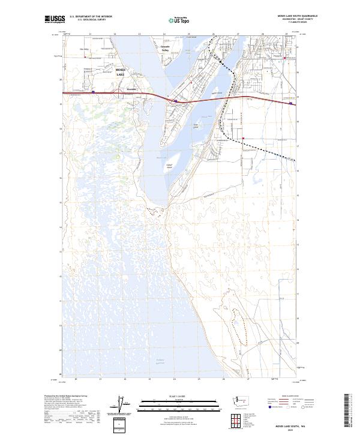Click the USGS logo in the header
(x=55, y=20)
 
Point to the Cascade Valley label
(x=166, y=49)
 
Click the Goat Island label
(x=196, y=125)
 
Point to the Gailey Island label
(x=169, y=165)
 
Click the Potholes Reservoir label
(x=157, y=361)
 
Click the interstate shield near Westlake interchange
(x=94, y=92)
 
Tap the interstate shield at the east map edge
(x=291, y=103)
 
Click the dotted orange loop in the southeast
(x=238, y=324)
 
